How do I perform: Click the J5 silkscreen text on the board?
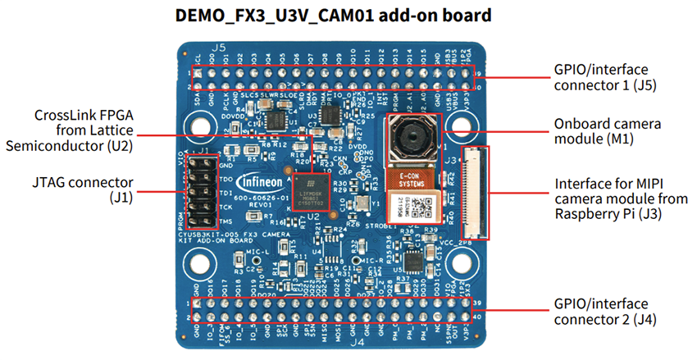click(x=218, y=48)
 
